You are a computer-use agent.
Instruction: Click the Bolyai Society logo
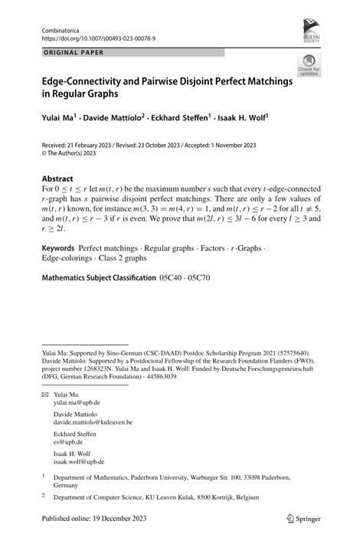pos(312,31)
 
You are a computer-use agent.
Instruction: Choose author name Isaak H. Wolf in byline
pos(246,118)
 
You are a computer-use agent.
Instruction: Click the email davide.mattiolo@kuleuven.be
pos(103,422)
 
